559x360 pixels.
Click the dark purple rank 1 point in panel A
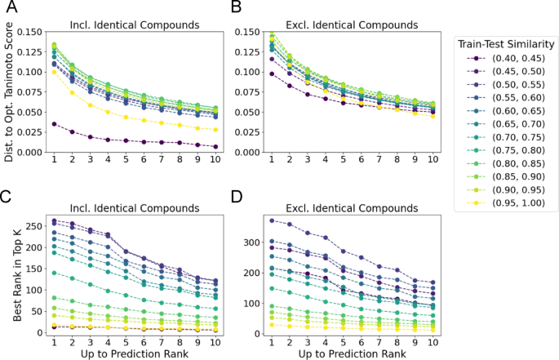click(x=55, y=124)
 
